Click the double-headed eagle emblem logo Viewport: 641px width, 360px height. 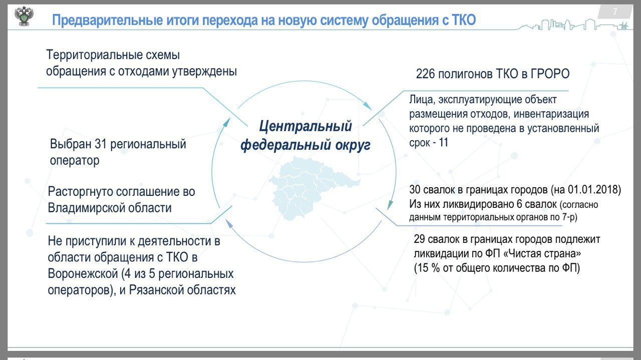[24, 17]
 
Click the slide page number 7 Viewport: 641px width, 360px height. [615, 12]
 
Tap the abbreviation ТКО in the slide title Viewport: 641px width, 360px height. [464, 20]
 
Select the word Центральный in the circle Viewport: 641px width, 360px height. [305, 126]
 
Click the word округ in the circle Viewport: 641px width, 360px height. [353, 145]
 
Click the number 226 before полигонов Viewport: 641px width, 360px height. [425, 74]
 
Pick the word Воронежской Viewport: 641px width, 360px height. [83, 274]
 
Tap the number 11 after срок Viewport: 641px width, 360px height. [443, 143]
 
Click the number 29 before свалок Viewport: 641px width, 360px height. [420, 239]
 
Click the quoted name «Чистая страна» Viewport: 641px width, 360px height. [542, 254]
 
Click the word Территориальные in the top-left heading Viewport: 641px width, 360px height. [90, 55]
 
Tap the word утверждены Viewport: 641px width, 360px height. [204, 71]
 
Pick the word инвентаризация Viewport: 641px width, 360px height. [551, 114]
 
